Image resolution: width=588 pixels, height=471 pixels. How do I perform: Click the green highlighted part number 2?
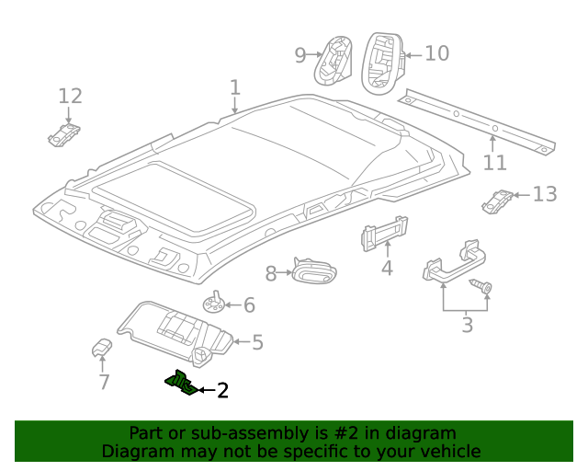click(180, 383)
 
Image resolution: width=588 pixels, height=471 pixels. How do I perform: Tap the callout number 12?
click(71, 96)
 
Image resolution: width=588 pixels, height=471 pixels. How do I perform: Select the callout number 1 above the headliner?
click(235, 88)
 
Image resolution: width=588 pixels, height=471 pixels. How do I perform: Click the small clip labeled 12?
click(64, 134)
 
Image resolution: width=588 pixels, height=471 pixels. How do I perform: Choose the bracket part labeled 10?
click(379, 61)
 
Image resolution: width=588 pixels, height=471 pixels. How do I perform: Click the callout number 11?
click(495, 163)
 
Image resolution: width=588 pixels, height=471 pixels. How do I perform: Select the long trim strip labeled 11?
click(478, 120)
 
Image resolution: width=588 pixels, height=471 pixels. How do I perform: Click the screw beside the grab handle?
click(481, 288)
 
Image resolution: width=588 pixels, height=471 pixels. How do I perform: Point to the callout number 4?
click(387, 269)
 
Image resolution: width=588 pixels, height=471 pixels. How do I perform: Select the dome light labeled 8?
click(314, 271)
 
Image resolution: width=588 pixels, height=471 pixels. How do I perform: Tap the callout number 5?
click(257, 343)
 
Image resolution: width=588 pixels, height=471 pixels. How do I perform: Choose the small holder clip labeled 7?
click(102, 347)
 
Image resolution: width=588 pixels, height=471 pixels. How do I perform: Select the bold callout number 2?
click(221, 391)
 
